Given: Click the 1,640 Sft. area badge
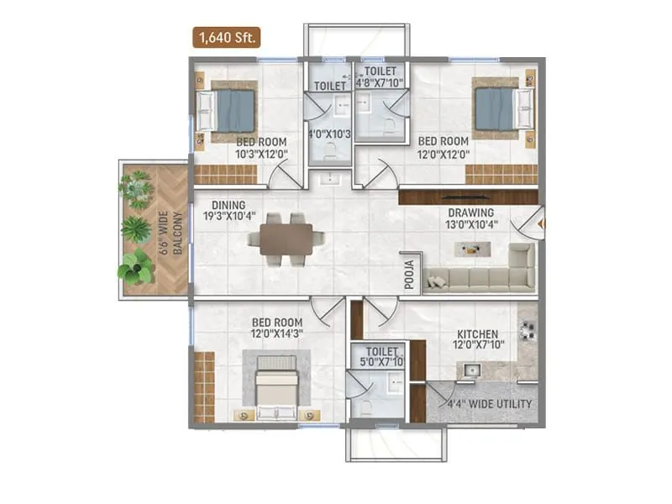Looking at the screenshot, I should click(x=226, y=37).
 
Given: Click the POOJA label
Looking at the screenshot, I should click(x=410, y=273).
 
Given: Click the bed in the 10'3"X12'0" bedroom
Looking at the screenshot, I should click(x=229, y=110).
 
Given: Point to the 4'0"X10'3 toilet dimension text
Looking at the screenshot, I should click(x=328, y=134).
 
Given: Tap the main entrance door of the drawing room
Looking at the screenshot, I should click(x=534, y=224).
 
